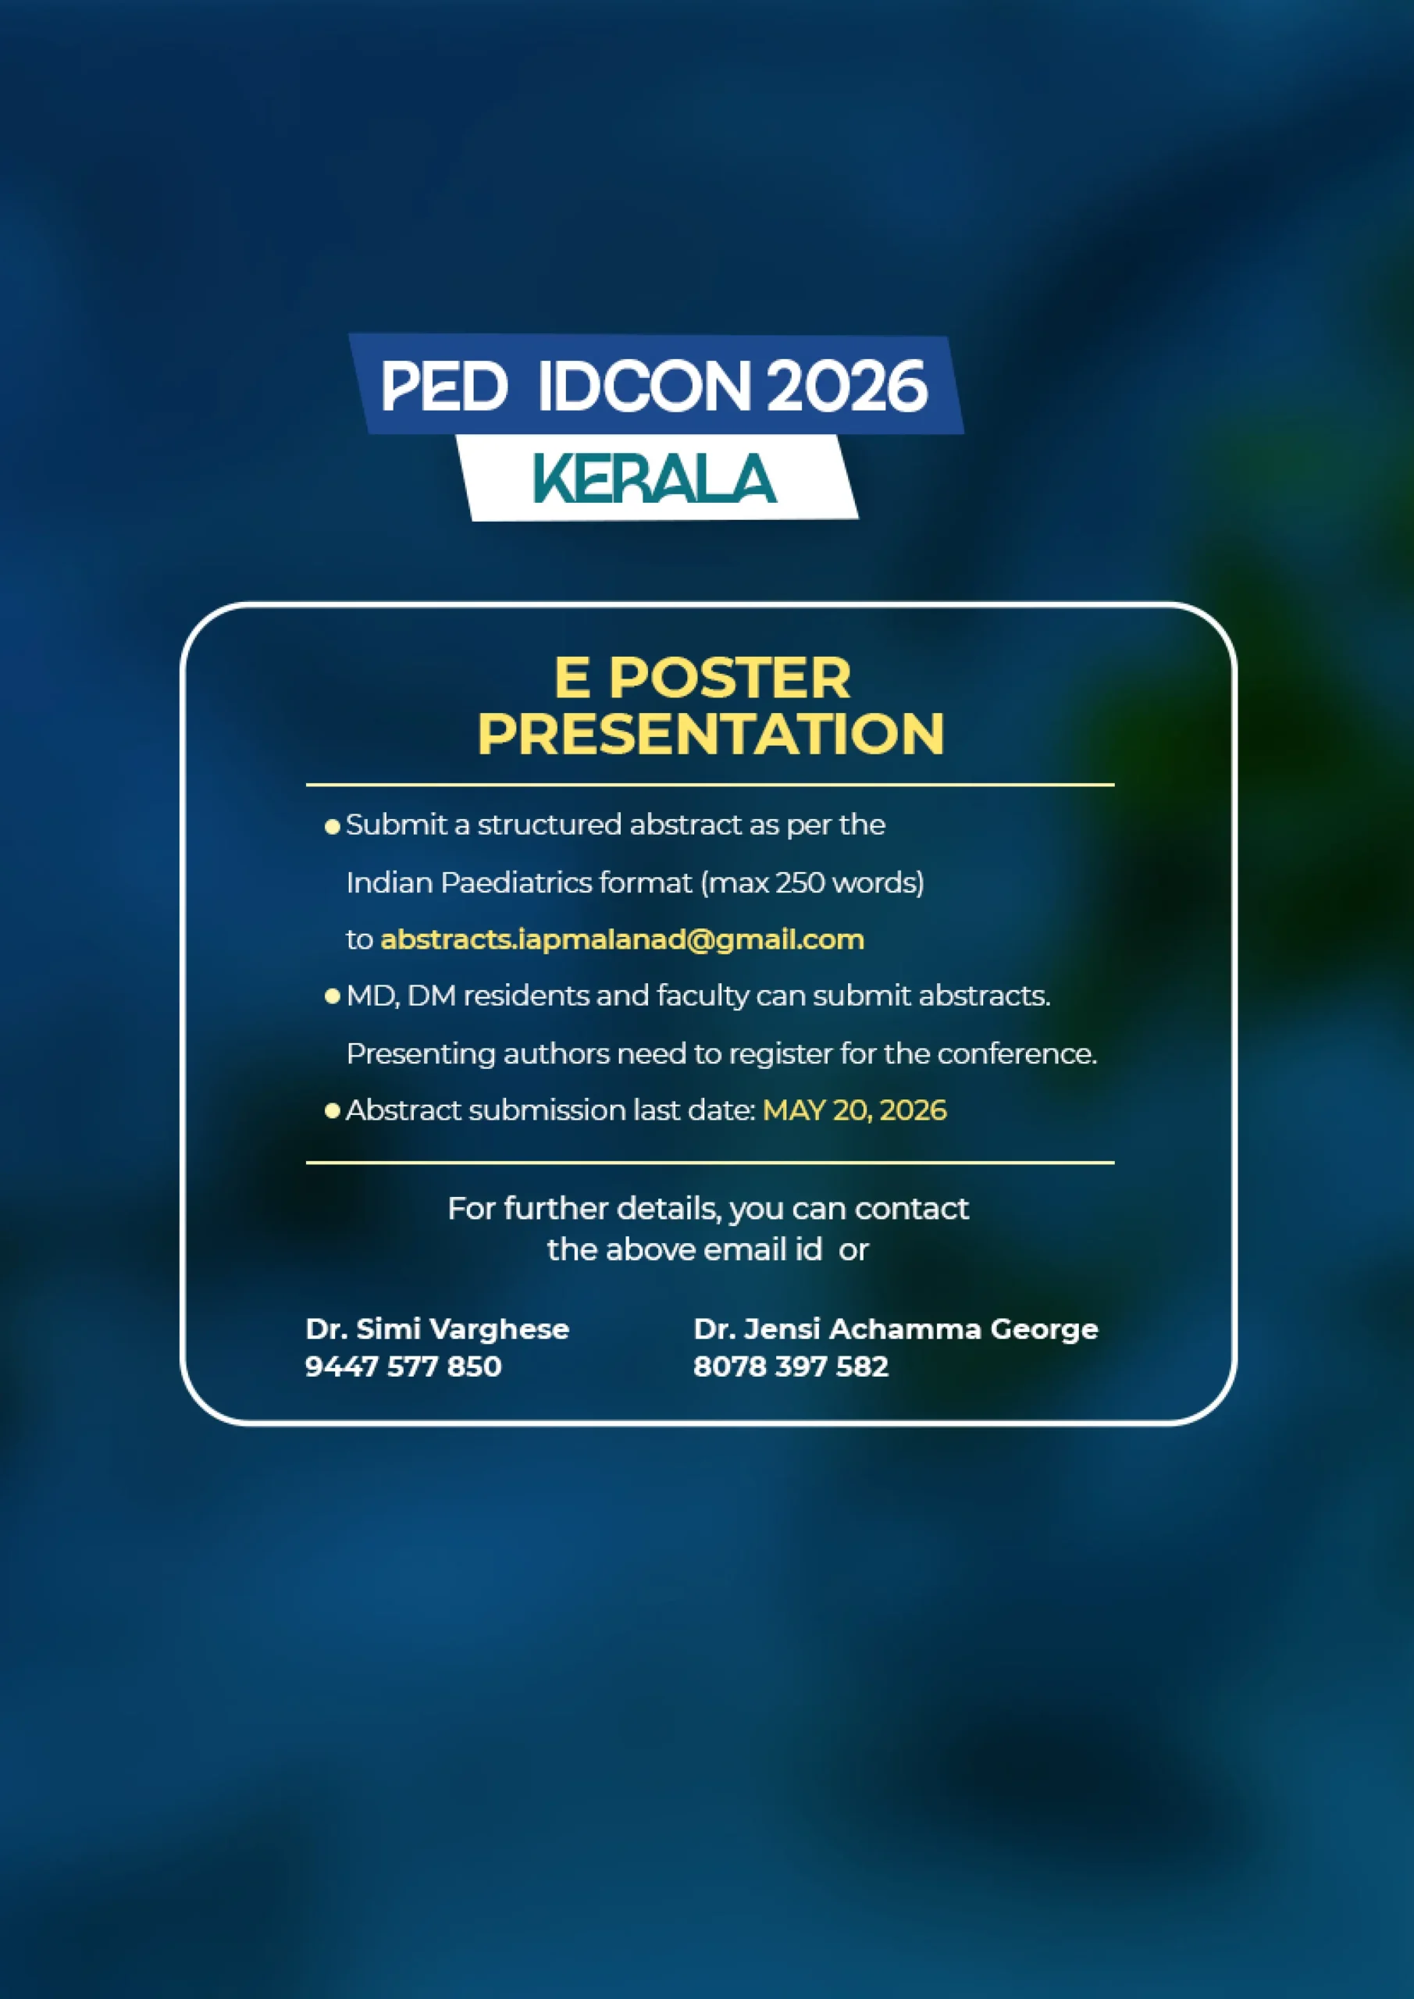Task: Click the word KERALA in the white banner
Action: point(654,478)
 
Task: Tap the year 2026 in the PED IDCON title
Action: point(847,386)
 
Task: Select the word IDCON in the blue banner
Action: point(643,386)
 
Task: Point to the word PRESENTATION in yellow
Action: point(711,733)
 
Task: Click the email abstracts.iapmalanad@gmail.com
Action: point(622,939)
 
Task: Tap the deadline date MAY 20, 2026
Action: point(854,1110)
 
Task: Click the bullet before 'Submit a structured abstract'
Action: point(332,826)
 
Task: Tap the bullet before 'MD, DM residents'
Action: point(332,996)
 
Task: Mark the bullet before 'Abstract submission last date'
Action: point(332,1110)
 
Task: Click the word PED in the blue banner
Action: point(444,386)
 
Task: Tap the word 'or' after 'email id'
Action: point(854,1251)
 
